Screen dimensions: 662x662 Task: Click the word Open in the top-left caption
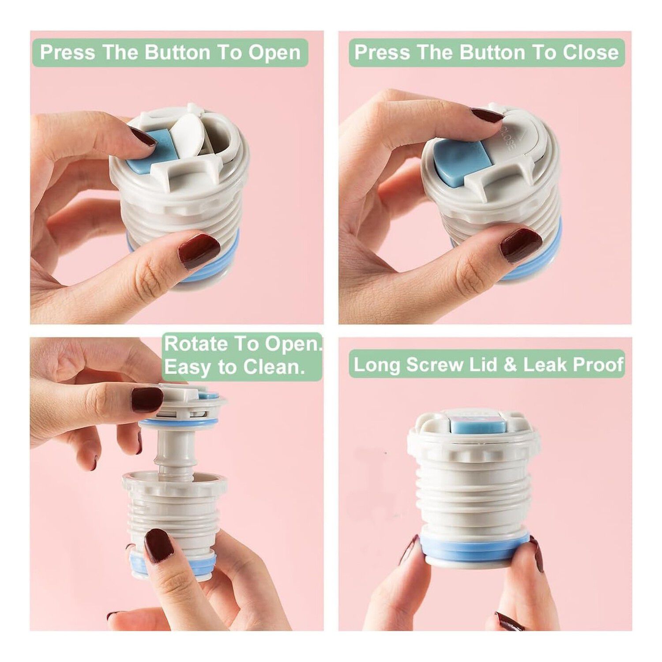274,53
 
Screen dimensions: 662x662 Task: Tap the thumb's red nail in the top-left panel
199,251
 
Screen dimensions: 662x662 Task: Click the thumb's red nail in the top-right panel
521,245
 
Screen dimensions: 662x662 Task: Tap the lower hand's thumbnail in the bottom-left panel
159,545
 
